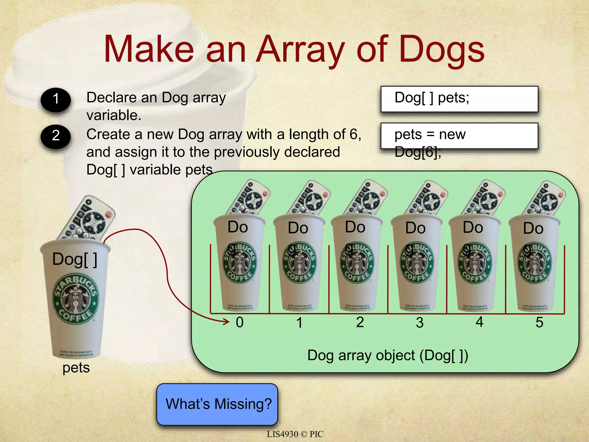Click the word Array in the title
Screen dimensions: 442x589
point(301,49)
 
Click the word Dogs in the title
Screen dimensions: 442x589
point(442,49)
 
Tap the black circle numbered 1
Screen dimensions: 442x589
point(56,99)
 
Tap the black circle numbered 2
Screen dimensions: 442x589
point(56,136)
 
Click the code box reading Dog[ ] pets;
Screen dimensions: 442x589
point(459,99)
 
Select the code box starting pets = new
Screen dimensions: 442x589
point(459,136)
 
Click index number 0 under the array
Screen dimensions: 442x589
point(240,322)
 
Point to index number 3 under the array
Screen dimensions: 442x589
point(420,323)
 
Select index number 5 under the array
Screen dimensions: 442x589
point(539,322)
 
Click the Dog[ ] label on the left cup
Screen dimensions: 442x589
point(74,259)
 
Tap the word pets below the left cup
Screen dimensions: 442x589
point(76,368)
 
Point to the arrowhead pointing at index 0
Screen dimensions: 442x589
point(227,321)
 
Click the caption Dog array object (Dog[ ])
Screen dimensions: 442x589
point(388,355)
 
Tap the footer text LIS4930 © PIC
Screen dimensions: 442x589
point(295,434)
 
